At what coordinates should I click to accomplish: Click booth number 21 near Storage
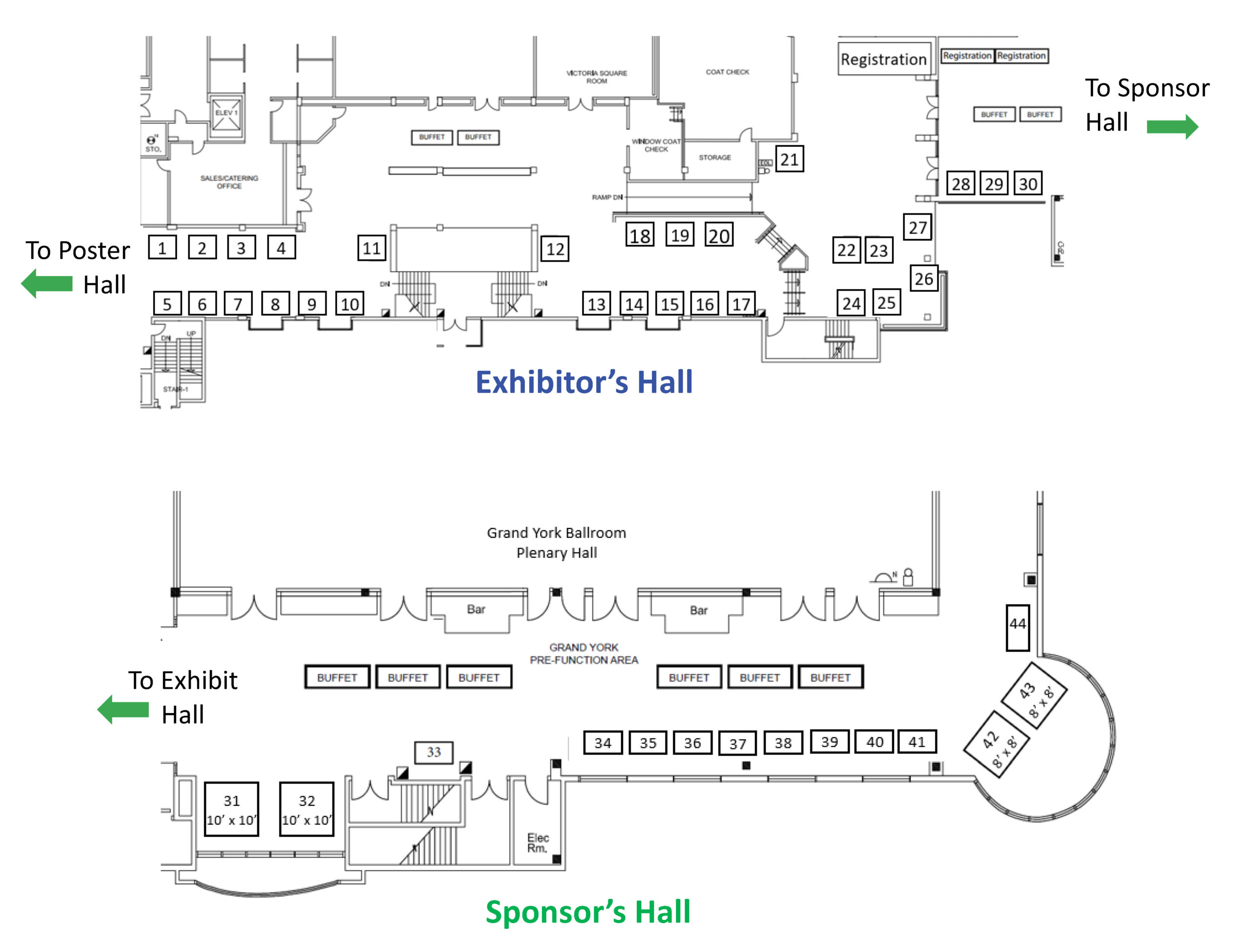point(789,159)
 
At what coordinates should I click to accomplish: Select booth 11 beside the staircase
point(371,248)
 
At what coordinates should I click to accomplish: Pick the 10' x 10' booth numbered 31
point(231,808)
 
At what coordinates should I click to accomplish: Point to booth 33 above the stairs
point(434,752)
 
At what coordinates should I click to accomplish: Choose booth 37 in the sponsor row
point(737,743)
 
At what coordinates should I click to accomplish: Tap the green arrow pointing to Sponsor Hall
point(1172,126)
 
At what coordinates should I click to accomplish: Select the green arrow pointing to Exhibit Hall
point(123,709)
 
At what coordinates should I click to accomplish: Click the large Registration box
point(884,59)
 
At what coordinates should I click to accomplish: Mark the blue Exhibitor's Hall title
point(583,382)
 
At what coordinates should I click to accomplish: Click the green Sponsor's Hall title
point(588,911)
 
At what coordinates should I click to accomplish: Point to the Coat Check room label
point(727,72)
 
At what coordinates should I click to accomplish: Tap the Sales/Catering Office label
point(229,182)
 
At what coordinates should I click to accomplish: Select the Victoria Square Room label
point(597,77)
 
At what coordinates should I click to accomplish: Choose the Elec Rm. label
point(537,843)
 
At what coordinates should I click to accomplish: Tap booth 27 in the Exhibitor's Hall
point(917,227)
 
